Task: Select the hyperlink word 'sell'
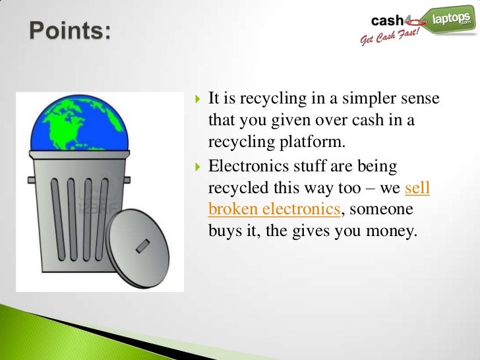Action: coord(417,190)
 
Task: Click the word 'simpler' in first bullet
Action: coord(364,100)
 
